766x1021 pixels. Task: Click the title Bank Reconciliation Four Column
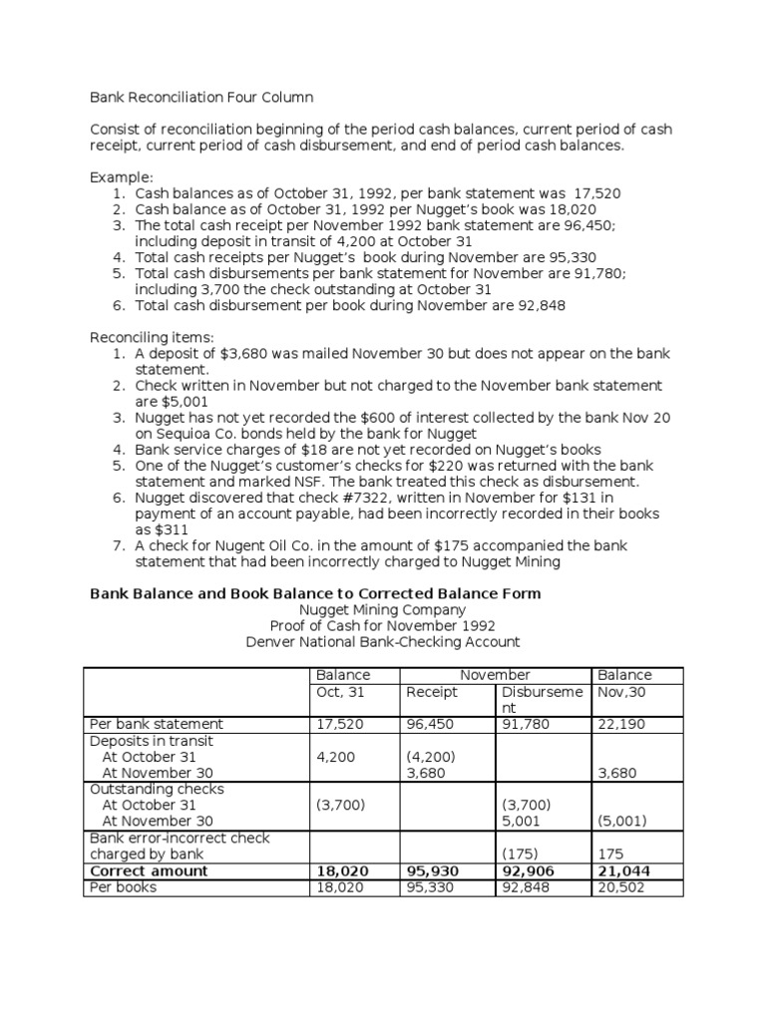(201, 98)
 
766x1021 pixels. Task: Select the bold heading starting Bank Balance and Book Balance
(315, 593)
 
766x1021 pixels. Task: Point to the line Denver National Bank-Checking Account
(383, 642)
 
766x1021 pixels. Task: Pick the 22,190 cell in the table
(619, 724)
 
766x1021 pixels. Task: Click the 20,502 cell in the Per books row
(619, 886)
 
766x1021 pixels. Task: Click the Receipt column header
(431, 692)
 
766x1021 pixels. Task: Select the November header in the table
(496, 675)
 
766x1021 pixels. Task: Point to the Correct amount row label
(149, 870)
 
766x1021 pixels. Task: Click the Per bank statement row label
(157, 724)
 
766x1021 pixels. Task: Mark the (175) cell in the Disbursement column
(522, 854)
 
